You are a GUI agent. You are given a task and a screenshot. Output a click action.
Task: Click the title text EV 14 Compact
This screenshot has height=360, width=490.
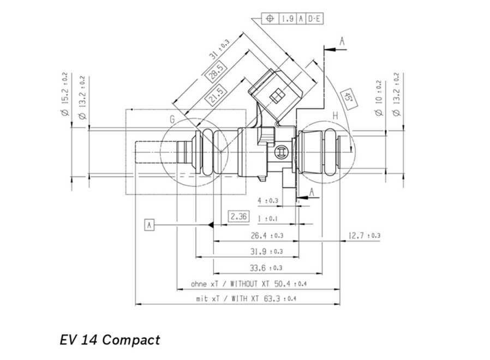[x=110, y=340]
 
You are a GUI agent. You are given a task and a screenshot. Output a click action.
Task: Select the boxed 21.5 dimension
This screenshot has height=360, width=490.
[x=216, y=94]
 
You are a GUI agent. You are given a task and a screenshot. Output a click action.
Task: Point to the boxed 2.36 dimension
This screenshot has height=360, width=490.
[x=239, y=216]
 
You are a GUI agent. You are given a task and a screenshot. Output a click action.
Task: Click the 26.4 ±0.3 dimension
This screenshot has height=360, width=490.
[x=267, y=235]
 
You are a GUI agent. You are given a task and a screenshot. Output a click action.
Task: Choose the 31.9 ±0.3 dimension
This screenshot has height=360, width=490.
[x=267, y=251]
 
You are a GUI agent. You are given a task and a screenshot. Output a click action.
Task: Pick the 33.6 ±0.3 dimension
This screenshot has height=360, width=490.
[x=266, y=268]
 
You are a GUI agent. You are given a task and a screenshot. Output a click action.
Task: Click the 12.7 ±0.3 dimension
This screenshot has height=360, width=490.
[x=364, y=235]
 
